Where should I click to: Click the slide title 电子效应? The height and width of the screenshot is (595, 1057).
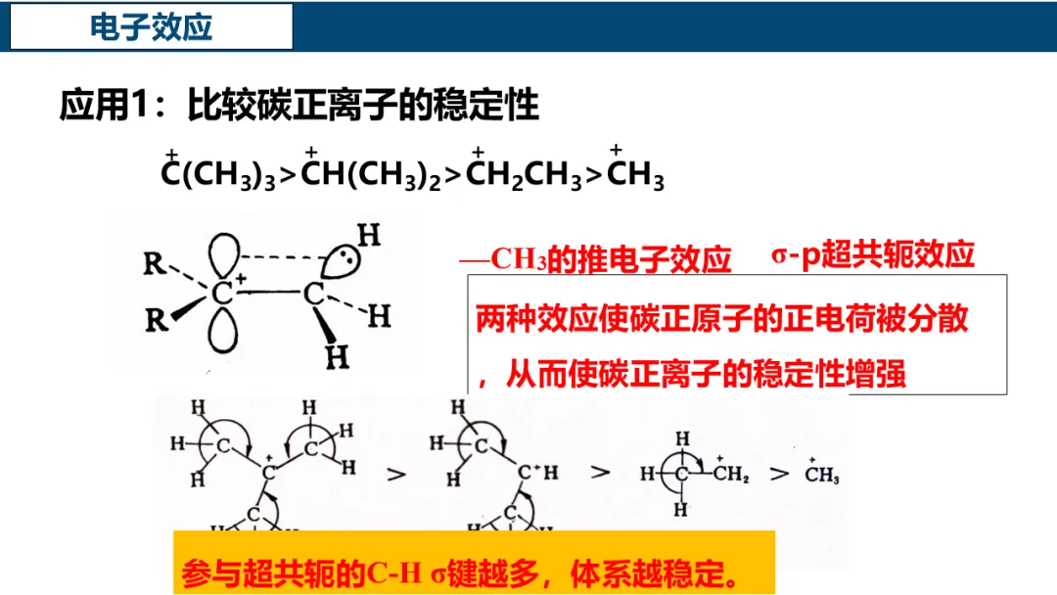tap(151, 27)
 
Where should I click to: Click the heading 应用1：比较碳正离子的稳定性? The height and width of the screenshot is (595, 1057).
tap(299, 106)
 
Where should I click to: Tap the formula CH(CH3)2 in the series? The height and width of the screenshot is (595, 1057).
tap(371, 176)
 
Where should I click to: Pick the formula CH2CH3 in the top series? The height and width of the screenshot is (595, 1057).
tap(524, 176)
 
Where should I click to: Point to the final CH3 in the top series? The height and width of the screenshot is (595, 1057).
tap(635, 176)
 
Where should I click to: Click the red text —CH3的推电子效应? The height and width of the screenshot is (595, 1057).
tap(597, 259)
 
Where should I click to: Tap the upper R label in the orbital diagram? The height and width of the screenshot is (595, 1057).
tap(153, 264)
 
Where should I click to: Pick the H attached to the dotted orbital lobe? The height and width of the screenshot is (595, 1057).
tap(367, 236)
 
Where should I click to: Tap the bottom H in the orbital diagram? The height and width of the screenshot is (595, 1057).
tap(337, 357)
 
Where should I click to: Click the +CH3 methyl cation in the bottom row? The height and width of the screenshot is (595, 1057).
tap(821, 476)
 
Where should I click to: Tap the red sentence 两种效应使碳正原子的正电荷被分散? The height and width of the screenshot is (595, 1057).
tap(721, 319)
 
